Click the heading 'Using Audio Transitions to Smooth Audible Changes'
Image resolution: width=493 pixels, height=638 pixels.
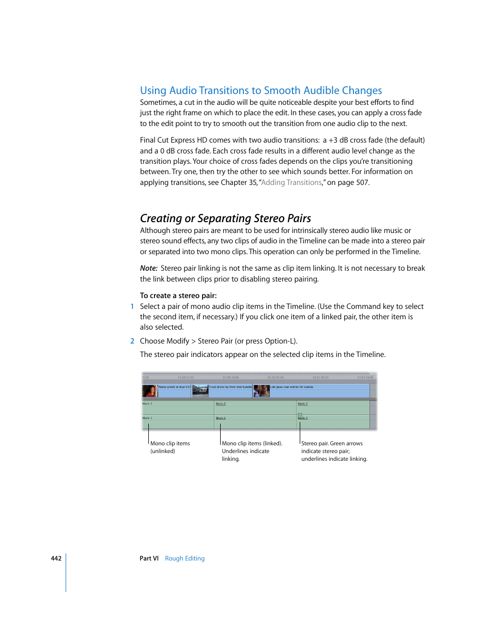[261, 90]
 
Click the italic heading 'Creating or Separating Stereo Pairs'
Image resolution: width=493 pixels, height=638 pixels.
[225, 218]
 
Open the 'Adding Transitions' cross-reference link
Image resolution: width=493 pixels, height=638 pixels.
[291, 182]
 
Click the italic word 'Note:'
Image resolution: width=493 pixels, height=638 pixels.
[148, 268]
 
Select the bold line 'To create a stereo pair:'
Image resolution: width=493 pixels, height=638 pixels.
[178, 295]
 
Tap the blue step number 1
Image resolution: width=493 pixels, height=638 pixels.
[132, 306]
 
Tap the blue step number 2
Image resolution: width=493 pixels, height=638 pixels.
[132, 341]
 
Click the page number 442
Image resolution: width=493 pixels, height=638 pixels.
[56, 558]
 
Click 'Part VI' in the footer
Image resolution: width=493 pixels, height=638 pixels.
[149, 558]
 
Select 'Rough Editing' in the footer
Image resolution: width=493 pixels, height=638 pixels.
[184, 558]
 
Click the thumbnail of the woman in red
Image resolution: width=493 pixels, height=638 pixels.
[149, 391]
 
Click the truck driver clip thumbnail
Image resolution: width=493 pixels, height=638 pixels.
[200, 391]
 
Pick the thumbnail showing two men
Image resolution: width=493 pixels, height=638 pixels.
[261, 391]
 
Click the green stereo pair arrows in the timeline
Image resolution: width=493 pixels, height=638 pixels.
[300, 414]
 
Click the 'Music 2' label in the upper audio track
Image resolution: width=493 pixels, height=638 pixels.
[221, 403]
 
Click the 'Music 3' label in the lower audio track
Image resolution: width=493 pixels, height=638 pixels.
[302, 418]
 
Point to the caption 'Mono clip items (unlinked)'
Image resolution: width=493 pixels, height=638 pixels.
[170, 447]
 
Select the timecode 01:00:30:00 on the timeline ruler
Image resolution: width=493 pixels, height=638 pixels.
[320, 378]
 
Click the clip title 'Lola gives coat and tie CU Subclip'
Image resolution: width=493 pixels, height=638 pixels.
[291, 387]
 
